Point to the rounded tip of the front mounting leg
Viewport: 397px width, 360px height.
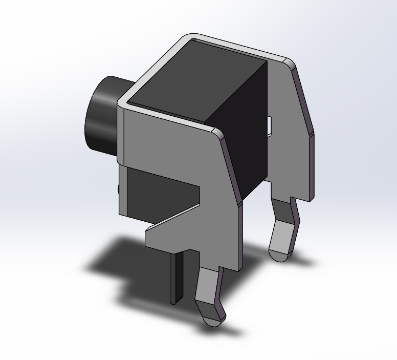[x=213, y=320]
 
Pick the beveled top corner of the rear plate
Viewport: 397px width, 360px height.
[x=289, y=64]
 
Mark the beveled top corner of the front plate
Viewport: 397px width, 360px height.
[x=218, y=134]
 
